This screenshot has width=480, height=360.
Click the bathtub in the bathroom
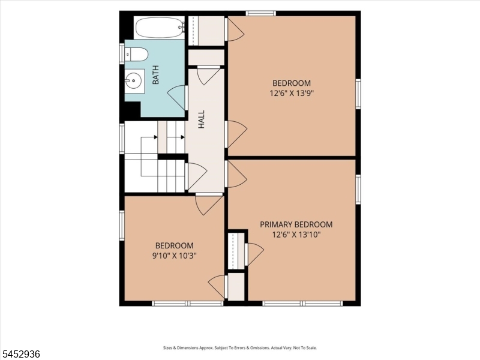[160, 28]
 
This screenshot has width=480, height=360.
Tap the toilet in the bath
[136, 55]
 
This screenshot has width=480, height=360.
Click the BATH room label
[155, 74]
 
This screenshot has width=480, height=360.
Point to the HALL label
[201, 119]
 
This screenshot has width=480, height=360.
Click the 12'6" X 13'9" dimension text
[292, 93]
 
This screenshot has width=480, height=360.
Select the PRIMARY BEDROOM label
[296, 224]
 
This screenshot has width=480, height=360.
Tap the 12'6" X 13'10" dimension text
[296, 235]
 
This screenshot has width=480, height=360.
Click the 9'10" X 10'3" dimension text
[174, 256]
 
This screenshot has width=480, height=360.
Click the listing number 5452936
[20, 354]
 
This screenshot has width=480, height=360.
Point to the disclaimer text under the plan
[240, 348]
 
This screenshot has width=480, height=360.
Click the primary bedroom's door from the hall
[236, 174]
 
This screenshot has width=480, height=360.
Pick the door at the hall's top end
[209, 76]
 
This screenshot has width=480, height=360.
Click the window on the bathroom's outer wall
[122, 53]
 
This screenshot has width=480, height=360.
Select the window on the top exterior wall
[261, 13]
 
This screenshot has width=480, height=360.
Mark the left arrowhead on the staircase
[156, 137]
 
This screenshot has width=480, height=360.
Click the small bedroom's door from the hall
[209, 205]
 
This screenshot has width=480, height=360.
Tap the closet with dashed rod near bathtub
[206, 31]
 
